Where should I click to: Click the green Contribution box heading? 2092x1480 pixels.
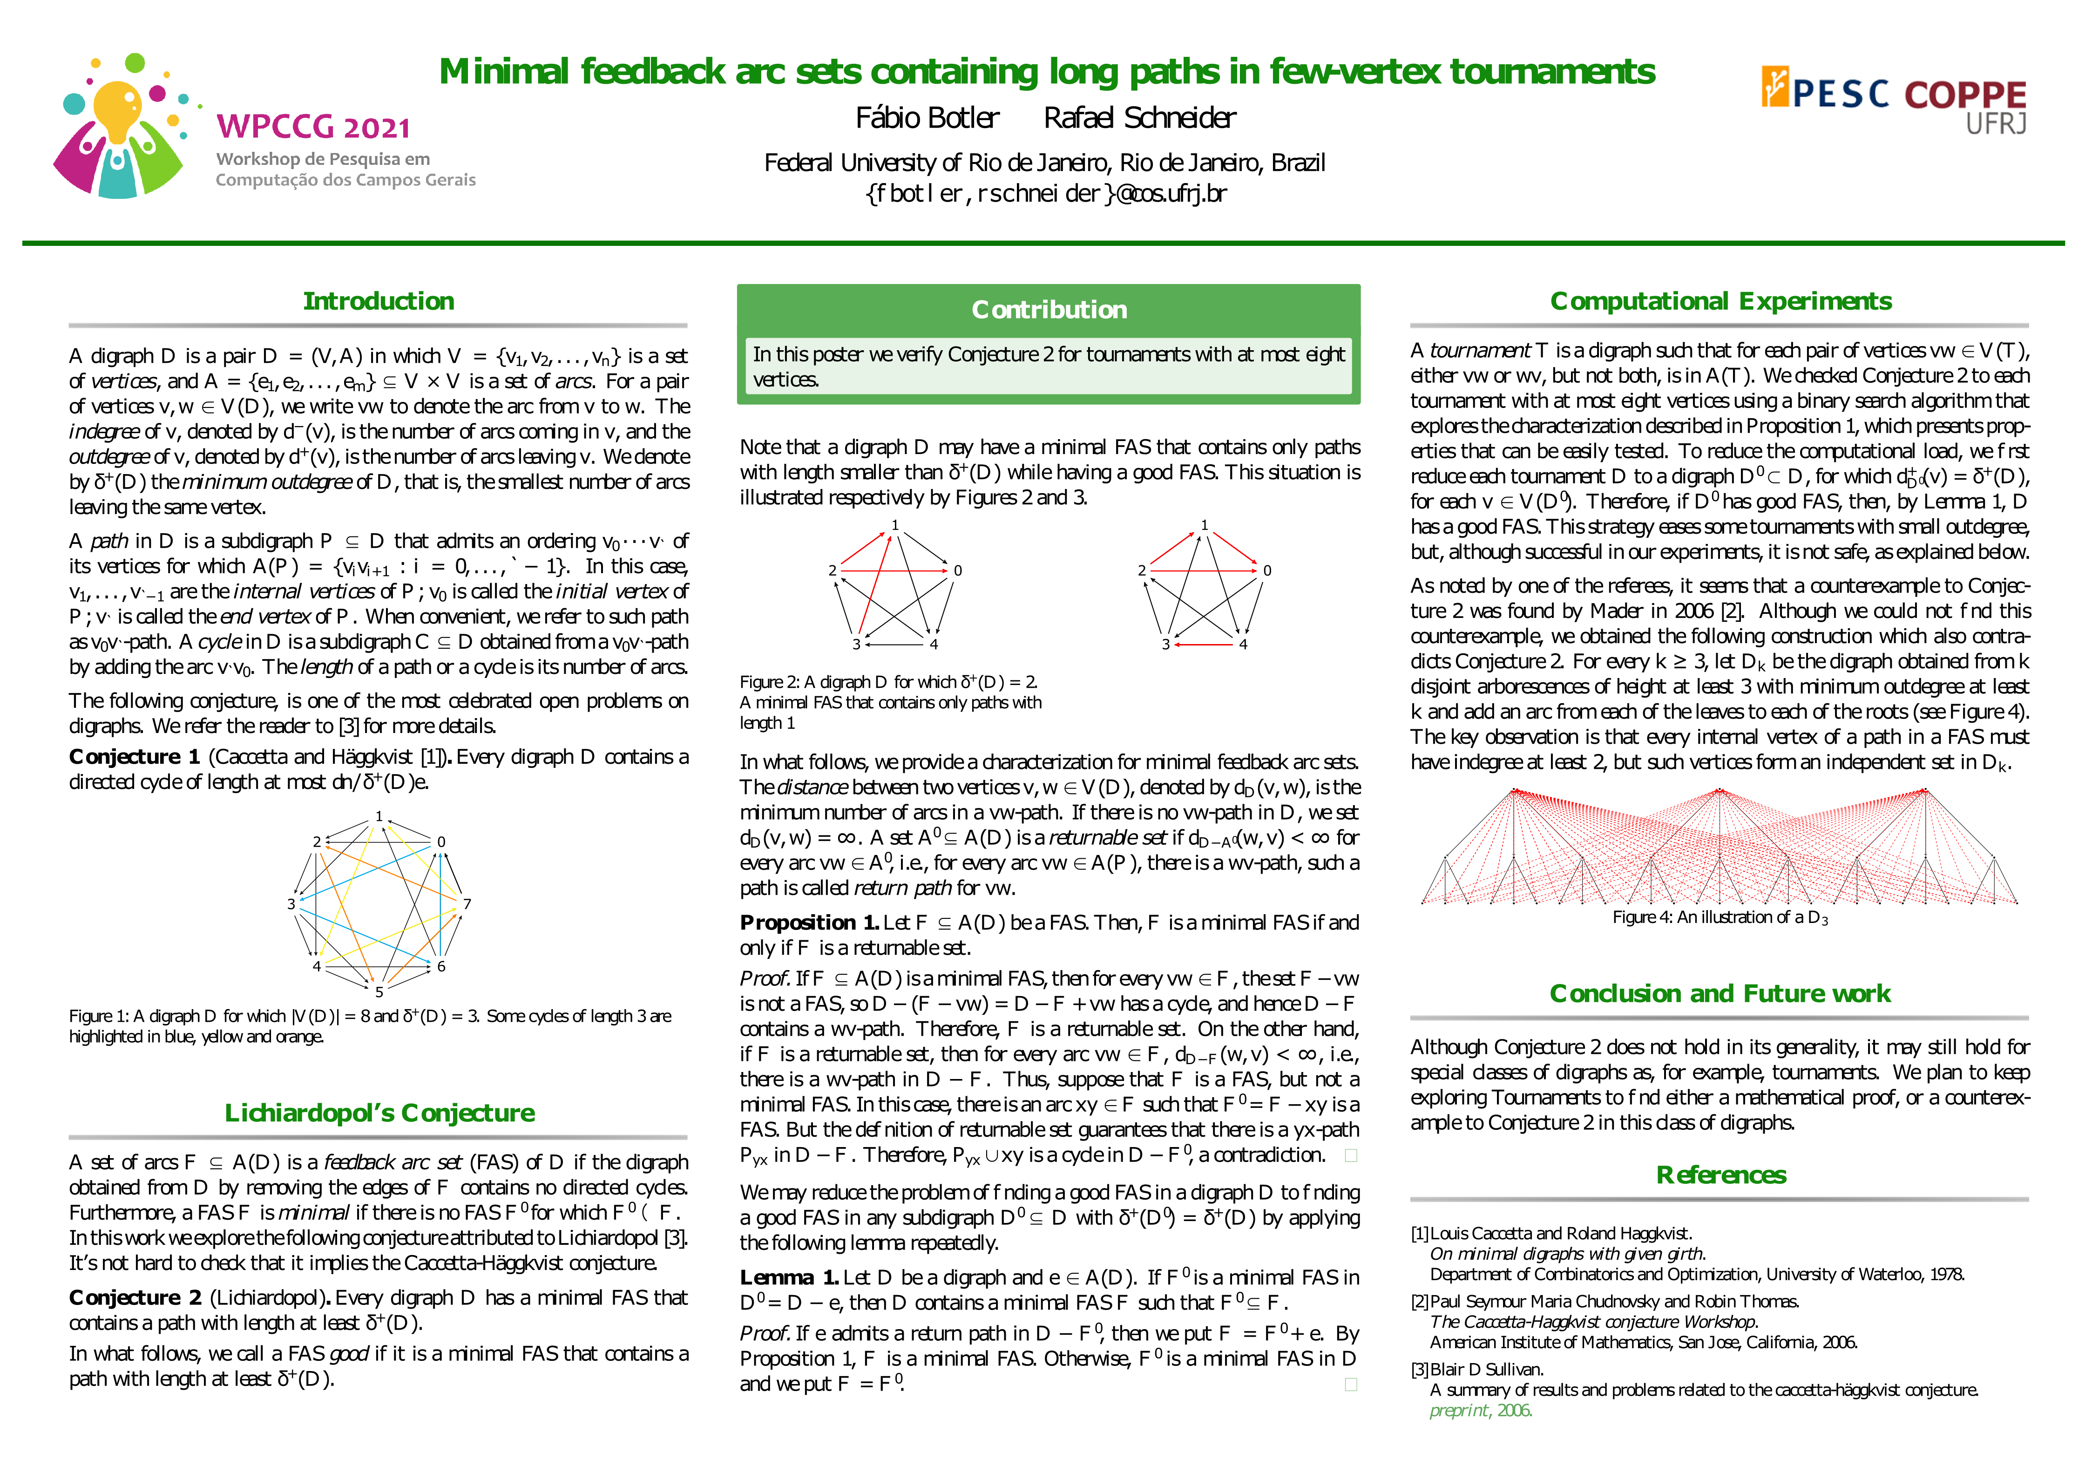[x=1049, y=310]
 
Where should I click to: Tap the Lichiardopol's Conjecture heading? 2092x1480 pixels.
[x=379, y=1113]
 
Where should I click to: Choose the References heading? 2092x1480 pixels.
[x=1720, y=1174]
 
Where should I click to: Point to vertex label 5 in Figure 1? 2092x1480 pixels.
[x=379, y=991]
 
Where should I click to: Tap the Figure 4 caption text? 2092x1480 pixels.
[x=1720, y=918]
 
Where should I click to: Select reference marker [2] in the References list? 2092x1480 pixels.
[x=1420, y=1301]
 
